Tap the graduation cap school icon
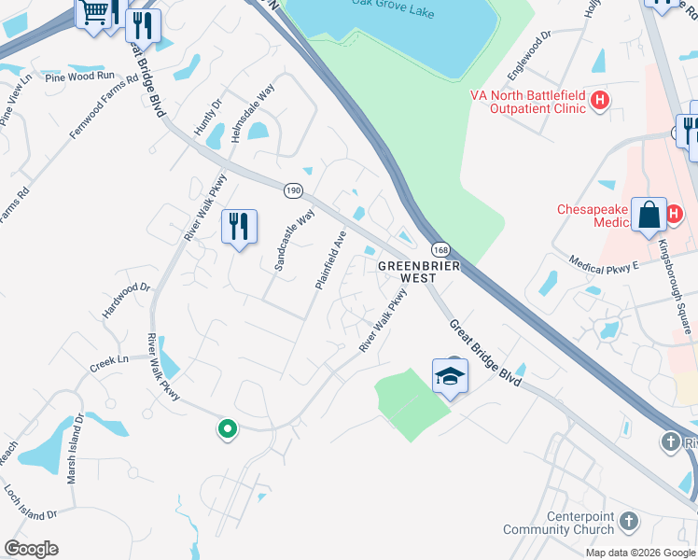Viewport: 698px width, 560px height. [x=450, y=376]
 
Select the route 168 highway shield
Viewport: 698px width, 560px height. [x=440, y=250]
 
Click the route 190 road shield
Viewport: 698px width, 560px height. [x=294, y=189]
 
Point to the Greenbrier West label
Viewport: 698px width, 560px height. [x=406, y=272]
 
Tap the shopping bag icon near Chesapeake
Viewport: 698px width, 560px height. [x=648, y=215]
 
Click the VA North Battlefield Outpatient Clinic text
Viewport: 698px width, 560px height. [x=527, y=101]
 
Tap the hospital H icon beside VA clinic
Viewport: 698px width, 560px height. [x=600, y=100]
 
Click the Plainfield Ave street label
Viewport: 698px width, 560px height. [x=331, y=259]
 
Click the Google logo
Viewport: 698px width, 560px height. [x=31, y=549]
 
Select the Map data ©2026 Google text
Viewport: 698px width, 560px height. [x=639, y=553]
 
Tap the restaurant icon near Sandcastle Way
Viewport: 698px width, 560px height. [x=239, y=227]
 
